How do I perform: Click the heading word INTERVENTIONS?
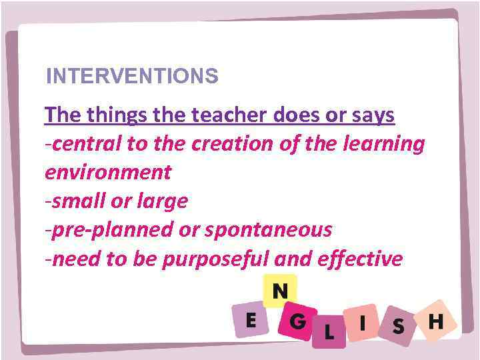click(x=132, y=77)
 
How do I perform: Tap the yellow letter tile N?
click(x=280, y=291)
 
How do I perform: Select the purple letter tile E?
click(x=251, y=321)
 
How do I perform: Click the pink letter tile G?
click(x=298, y=322)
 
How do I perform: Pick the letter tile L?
click(x=329, y=331)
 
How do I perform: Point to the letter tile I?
click(x=362, y=323)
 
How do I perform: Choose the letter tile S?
click(x=399, y=326)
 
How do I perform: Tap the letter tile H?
click(x=435, y=322)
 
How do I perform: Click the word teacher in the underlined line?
click(x=229, y=115)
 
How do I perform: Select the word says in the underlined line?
click(x=374, y=115)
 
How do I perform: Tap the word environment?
click(x=107, y=173)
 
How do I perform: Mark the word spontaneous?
click(x=267, y=230)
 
